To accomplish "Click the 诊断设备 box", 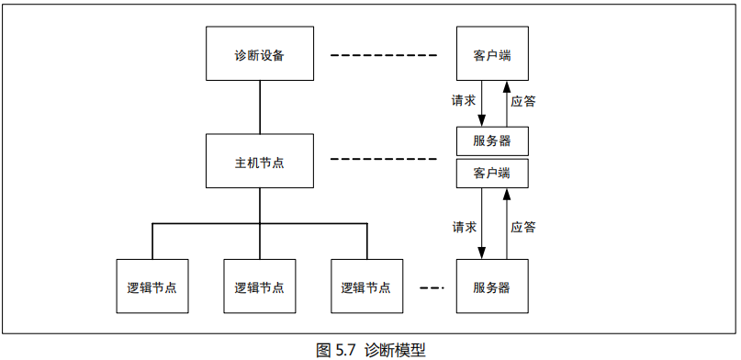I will coord(260,54).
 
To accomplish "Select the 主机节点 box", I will coord(260,162).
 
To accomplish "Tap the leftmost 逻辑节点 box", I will coord(152,287).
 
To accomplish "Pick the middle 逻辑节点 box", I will coord(260,287).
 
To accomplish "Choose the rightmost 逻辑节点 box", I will coord(366,287).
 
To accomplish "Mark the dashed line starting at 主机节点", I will coord(385,160).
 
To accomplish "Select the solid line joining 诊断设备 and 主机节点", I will coord(260,107).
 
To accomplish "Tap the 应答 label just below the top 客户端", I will coord(523,100).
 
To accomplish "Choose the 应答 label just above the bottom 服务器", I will coord(523,225).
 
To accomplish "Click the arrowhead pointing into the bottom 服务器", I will coord(483,254).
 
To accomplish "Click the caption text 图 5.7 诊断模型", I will coord(370,349).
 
